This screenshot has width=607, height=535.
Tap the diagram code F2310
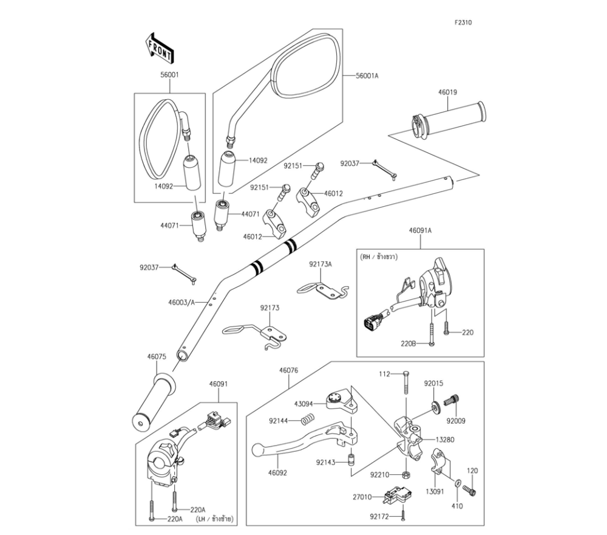coord(463,22)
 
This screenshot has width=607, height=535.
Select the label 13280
coord(444,439)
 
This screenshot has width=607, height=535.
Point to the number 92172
coord(379,517)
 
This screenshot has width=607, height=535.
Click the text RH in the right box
coord(365,257)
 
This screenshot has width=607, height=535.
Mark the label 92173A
coord(320,264)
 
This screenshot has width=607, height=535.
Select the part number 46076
coord(288,370)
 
